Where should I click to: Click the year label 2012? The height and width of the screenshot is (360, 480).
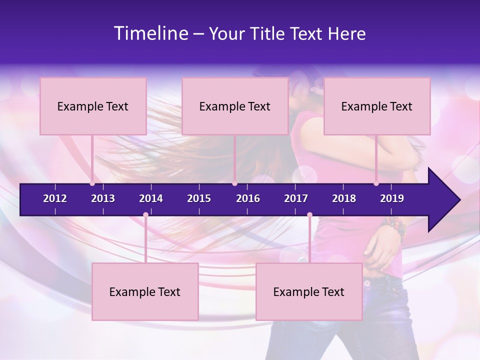(x=55, y=198)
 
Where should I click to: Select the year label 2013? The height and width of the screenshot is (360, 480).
(x=103, y=198)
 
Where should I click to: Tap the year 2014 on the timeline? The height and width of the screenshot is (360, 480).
(x=151, y=198)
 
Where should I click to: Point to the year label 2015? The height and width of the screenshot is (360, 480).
(x=199, y=198)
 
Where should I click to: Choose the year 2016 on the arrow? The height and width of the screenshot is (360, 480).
(x=248, y=198)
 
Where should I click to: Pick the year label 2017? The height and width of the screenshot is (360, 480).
(x=296, y=198)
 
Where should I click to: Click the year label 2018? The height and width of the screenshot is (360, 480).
(x=344, y=198)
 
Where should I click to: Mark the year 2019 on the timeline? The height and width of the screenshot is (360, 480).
(x=392, y=198)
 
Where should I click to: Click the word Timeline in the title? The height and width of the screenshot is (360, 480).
(x=150, y=33)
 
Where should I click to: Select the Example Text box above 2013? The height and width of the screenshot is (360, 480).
(x=93, y=106)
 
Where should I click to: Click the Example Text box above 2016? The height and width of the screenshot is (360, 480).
(x=235, y=106)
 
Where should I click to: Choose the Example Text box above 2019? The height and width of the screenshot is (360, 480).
(x=377, y=106)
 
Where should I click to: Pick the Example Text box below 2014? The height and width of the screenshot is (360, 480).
(x=145, y=291)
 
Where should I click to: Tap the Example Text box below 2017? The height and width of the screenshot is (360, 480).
(x=309, y=291)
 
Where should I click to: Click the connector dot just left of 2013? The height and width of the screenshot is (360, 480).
(x=92, y=183)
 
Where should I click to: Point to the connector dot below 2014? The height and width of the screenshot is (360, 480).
(x=145, y=214)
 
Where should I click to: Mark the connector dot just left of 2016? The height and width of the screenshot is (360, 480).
(x=234, y=183)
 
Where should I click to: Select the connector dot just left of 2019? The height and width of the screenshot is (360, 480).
(x=376, y=183)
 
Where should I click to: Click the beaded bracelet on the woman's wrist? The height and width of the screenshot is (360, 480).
(x=395, y=226)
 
